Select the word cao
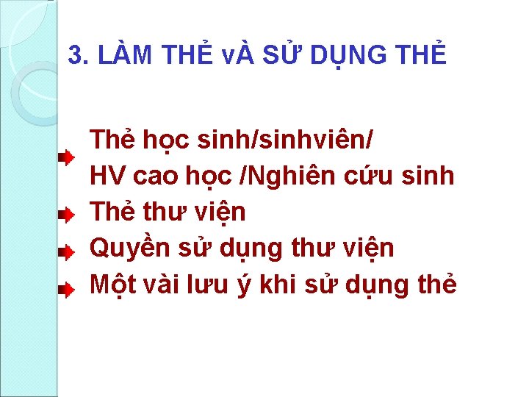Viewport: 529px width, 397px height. coord(152,176)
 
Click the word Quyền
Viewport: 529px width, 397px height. coord(129,249)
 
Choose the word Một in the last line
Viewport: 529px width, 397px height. coord(109,285)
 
